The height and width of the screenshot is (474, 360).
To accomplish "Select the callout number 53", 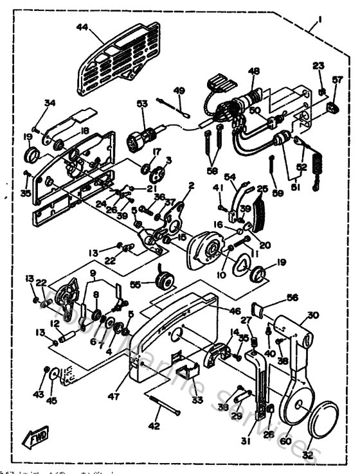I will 142,103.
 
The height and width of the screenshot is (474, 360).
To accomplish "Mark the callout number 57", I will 337,80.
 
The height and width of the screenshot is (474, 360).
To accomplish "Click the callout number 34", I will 50,103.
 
